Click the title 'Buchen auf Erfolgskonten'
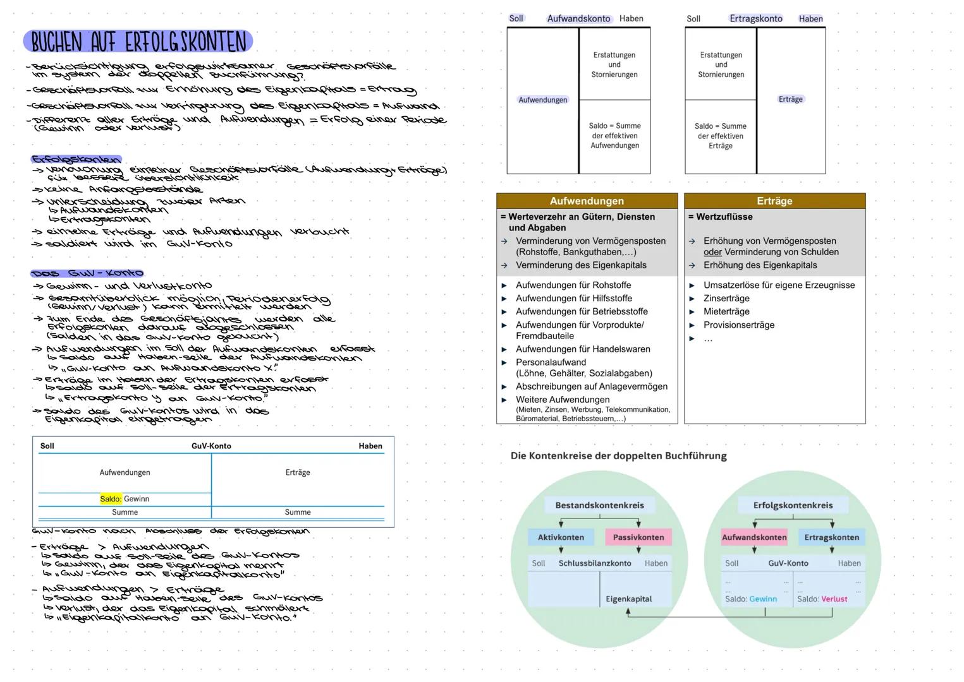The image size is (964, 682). (138, 42)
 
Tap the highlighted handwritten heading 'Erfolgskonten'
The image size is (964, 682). (76, 159)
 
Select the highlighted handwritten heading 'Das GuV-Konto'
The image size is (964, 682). (87, 273)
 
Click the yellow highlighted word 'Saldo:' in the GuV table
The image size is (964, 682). (111, 499)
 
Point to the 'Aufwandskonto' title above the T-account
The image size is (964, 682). (578, 19)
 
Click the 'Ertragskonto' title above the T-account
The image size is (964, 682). (755, 19)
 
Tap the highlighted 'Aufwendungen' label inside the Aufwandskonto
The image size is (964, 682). (542, 100)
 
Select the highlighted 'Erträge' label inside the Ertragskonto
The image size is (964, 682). (790, 99)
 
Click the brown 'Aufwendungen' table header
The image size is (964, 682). (587, 201)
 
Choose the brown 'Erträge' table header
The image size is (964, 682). (774, 201)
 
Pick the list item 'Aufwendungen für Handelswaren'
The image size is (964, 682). (582, 349)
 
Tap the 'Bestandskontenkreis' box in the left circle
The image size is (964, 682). (599, 505)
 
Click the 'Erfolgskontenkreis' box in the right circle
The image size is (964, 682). (793, 505)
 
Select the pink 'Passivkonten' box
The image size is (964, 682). (638, 537)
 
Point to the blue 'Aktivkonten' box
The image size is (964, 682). (561, 537)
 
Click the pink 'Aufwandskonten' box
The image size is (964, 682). (754, 537)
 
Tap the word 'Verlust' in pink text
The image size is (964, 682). (834, 599)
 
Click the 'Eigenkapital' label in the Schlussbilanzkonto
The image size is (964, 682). (628, 599)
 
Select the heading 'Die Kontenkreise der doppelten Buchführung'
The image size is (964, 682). (618, 456)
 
